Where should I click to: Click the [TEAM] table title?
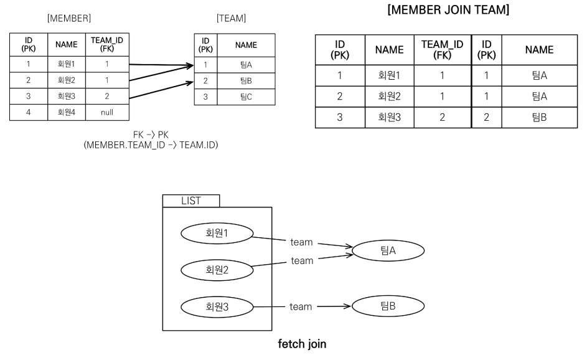pyautogui.click(x=231, y=19)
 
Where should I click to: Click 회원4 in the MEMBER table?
pyautogui.click(x=66, y=113)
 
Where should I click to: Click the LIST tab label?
pyautogui.click(x=190, y=201)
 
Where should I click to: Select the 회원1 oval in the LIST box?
pyautogui.click(x=217, y=233)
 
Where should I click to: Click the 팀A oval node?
pyautogui.click(x=388, y=250)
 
